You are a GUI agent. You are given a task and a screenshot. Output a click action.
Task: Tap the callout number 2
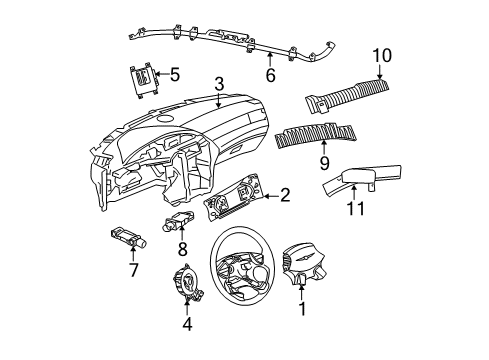[x=285, y=196]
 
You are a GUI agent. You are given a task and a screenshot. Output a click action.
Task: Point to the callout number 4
[x=187, y=323]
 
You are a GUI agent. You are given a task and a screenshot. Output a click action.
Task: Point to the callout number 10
[x=381, y=55]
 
